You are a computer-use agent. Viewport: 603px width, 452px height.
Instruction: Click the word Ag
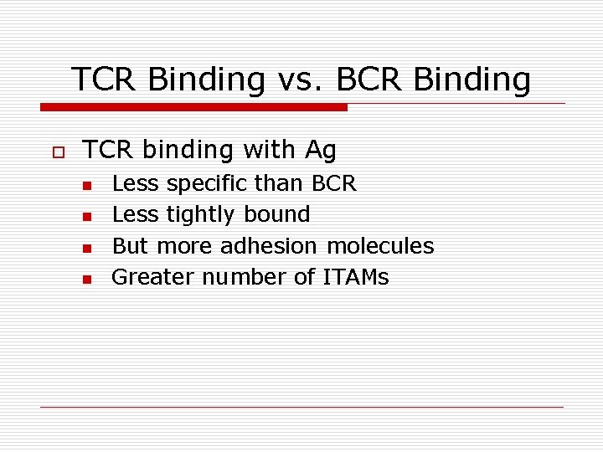(x=321, y=151)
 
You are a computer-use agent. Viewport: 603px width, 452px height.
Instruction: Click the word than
(x=280, y=183)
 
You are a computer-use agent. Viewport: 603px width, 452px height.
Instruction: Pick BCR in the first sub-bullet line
(x=334, y=183)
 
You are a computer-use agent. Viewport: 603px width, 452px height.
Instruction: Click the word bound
(x=277, y=215)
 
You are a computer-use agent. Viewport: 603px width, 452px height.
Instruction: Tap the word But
(x=131, y=246)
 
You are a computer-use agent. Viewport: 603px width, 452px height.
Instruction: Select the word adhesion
(x=269, y=246)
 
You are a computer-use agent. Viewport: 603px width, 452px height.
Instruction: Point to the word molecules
(x=380, y=246)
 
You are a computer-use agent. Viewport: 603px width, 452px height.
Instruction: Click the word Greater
(x=146, y=277)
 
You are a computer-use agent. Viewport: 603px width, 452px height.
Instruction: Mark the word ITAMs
(x=356, y=277)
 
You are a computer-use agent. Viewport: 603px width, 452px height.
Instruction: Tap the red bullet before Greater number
(x=85, y=280)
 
